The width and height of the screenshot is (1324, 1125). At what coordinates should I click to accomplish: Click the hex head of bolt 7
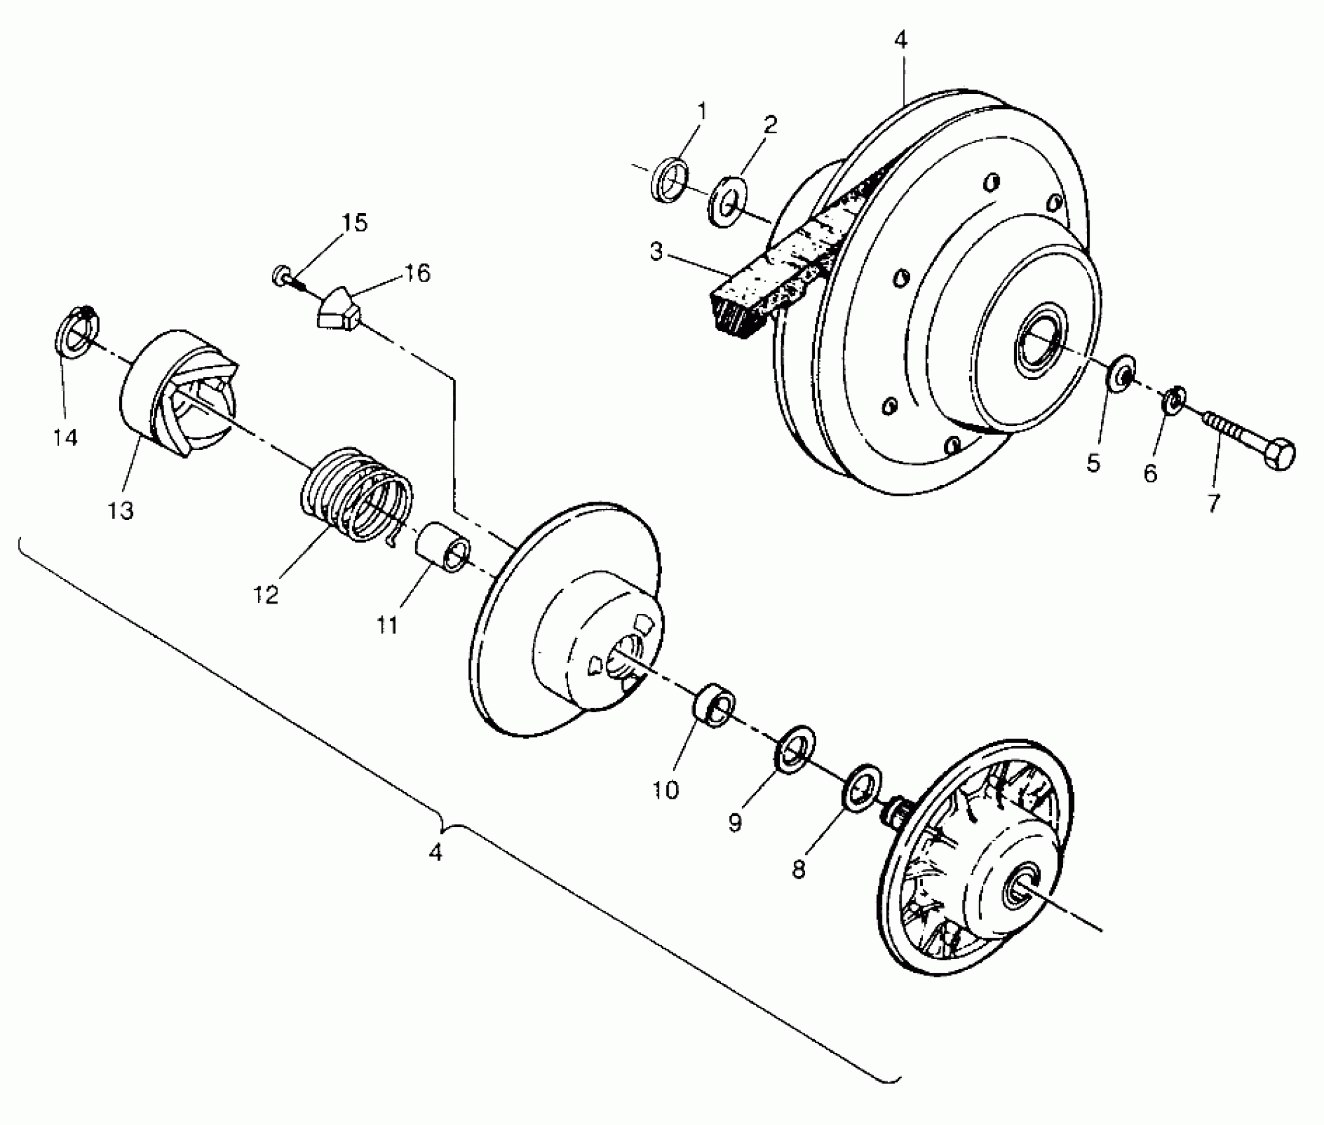[1278, 453]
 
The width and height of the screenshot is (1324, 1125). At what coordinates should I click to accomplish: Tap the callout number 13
[121, 510]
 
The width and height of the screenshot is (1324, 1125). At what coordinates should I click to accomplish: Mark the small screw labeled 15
[283, 274]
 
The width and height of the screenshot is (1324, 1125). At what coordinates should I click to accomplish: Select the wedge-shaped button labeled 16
[338, 310]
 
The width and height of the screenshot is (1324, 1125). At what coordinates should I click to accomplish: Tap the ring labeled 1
[670, 179]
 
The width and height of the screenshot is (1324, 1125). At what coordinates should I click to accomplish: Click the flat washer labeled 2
[727, 201]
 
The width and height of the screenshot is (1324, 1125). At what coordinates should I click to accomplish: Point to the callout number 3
[656, 251]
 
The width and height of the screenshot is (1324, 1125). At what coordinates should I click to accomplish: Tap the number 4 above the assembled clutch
[900, 40]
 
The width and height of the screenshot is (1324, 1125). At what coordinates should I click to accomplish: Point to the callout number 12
[265, 595]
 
